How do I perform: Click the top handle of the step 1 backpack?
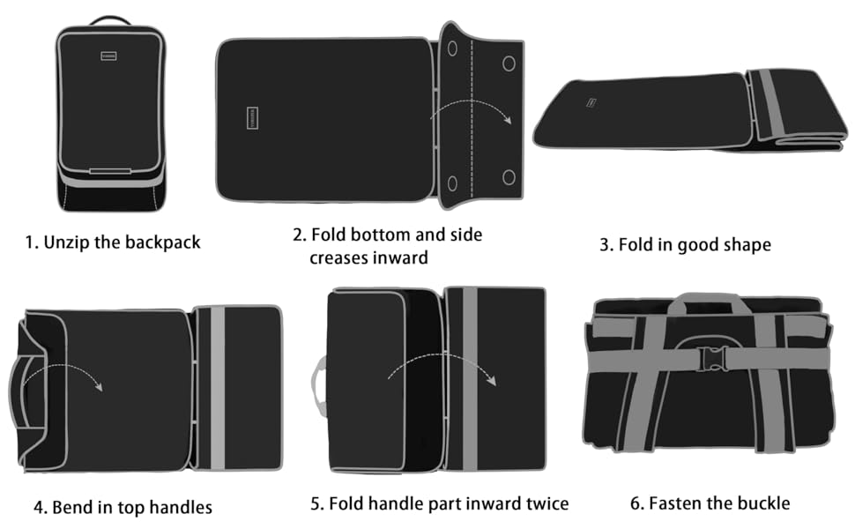110,19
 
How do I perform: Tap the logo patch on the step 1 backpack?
109,56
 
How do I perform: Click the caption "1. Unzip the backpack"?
112,242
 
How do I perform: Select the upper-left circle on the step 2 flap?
452,50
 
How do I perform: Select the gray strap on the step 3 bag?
767,106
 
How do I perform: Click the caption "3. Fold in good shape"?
685,245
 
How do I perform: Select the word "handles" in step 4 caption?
182,507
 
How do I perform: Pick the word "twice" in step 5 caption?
545,503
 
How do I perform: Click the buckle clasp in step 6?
710,358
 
